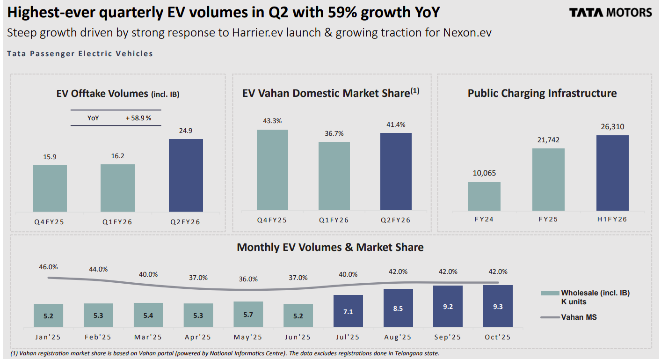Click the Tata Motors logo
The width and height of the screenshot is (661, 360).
(610, 13)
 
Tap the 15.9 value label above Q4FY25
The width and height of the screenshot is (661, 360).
(50, 157)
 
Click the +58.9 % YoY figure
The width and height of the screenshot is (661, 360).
(138, 118)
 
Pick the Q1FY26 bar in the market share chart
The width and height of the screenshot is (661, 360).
(334, 176)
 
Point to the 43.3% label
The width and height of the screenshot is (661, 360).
(272, 121)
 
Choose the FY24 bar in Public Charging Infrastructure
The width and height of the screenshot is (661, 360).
(484, 196)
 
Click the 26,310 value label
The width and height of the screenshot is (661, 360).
(612, 127)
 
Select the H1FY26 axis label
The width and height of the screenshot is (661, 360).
(612, 219)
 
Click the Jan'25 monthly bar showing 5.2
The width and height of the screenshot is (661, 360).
(48, 315)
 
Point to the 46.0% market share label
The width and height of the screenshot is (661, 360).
(48, 267)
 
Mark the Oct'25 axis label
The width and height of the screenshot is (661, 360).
(498, 337)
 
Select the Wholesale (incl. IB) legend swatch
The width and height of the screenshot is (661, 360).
(550, 293)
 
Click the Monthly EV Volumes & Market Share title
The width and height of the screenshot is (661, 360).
(330, 247)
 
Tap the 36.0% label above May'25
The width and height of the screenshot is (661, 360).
(248, 279)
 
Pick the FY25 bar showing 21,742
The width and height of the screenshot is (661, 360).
(548, 179)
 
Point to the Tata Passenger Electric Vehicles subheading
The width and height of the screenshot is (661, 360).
(80, 54)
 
